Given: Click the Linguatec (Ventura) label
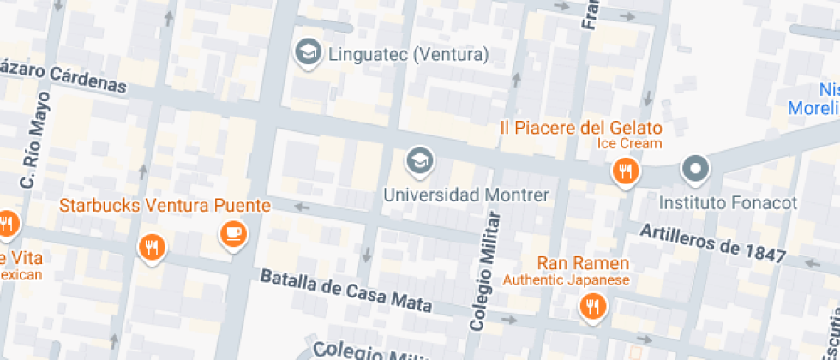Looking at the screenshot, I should pyautogui.click(x=408, y=55).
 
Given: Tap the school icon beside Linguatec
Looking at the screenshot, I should pyautogui.click(x=305, y=53).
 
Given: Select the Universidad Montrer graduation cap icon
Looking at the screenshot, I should pyautogui.click(x=419, y=160).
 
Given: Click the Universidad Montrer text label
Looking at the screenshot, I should pyautogui.click(x=465, y=195).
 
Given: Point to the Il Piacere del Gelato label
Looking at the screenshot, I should pyautogui.click(x=581, y=128).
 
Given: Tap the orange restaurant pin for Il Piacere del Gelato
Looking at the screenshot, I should pyautogui.click(x=627, y=172).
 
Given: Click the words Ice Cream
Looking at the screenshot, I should pyautogui.click(x=630, y=143).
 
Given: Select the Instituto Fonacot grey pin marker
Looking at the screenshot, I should pyautogui.click(x=695, y=170).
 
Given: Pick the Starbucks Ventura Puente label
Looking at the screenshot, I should pyautogui.click(x=165, y=206).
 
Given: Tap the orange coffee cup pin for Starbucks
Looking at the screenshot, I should pyautogui.click(x=233, y=232).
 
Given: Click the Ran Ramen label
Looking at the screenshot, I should pyautogui.click(x=583, y=263).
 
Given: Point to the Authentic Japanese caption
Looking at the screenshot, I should pyautogui.click(x=566, y=279).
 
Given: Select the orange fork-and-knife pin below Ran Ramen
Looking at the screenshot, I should pyautogui.click(x=591, y=305).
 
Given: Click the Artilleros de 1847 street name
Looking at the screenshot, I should pyautogui.click(x=713, y=243).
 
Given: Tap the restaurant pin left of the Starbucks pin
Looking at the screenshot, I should pyautogui.click(x=152, y=249).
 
